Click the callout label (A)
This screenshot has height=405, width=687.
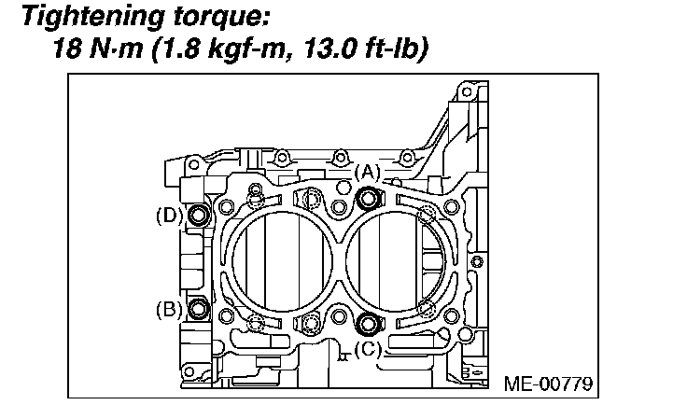click(x=367, y=173)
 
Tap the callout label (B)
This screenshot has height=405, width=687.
click(x=169, y=310)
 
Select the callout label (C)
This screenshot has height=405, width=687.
click(x=368, y=350)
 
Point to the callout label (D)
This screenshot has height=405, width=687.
click(x=169, y=216)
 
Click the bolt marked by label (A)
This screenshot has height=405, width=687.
click(x=368, y=199)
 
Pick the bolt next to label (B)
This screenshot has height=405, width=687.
click(x=199, y=309)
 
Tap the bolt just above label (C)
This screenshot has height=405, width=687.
click(x=367, y=324)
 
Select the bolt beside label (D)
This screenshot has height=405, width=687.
click(x=199, y=215)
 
